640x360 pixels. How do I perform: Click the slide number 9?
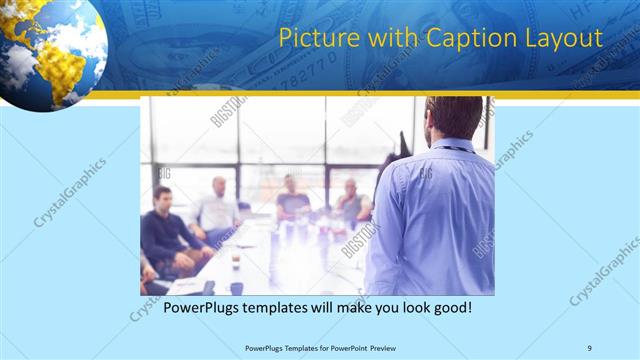tap(590, 347)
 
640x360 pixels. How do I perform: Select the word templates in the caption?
tap(290, 308)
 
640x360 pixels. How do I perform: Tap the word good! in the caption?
tap(449, 308)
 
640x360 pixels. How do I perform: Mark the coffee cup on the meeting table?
tap(234, 259)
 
